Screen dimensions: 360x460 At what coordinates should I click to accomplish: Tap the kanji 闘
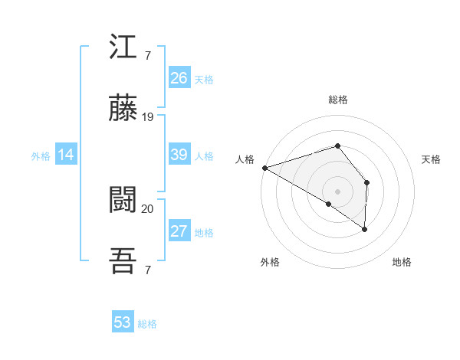123,201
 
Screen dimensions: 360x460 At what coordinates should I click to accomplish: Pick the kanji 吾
123,262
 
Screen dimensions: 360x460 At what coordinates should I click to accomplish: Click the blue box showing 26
179,78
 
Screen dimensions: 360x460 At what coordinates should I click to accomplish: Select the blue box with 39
179,155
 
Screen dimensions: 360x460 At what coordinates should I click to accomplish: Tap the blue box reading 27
179,231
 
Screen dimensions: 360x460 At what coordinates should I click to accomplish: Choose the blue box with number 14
66,155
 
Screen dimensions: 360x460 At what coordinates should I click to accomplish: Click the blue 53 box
123,322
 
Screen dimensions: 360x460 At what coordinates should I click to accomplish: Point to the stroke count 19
149,117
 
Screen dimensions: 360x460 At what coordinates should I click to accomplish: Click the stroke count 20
148,208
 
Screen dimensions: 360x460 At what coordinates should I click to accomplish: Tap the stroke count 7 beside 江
147,55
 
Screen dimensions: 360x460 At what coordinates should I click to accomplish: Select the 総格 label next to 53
147,324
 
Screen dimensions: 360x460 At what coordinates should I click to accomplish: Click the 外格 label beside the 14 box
41,156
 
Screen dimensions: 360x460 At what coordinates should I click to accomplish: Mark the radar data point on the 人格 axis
264,168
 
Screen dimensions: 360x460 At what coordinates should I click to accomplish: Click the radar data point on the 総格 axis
337,146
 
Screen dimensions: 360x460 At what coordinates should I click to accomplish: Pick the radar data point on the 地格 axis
364,228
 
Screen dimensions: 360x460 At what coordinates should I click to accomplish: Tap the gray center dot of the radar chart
337,190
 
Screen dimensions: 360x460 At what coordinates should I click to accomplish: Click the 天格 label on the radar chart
432,159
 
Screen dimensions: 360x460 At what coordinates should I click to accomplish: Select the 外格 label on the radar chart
270,263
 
